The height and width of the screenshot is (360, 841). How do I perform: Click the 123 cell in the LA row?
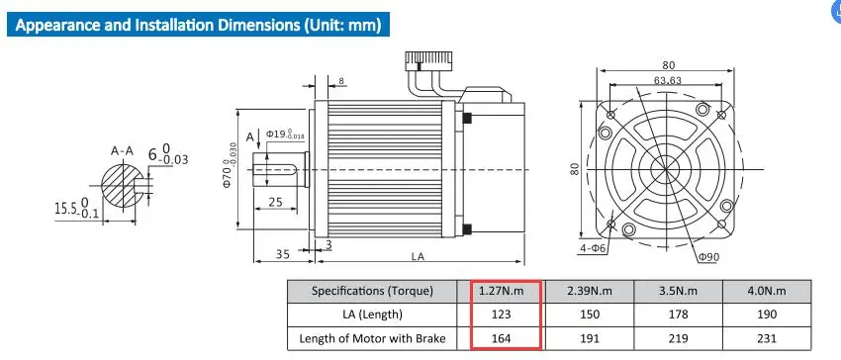502,315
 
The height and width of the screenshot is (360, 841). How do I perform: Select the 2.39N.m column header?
590,291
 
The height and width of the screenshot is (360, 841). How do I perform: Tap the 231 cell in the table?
767,338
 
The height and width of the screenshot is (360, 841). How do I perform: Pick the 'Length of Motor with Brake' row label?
372,338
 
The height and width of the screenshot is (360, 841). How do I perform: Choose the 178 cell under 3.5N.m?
678,315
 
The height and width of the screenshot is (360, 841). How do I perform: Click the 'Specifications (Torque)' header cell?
372,291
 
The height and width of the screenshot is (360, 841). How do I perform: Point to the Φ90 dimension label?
708,257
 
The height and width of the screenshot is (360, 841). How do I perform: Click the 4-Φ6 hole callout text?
593,248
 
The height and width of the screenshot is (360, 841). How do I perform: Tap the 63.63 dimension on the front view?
667,80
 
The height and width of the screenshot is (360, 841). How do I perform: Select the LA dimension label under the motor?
418,256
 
